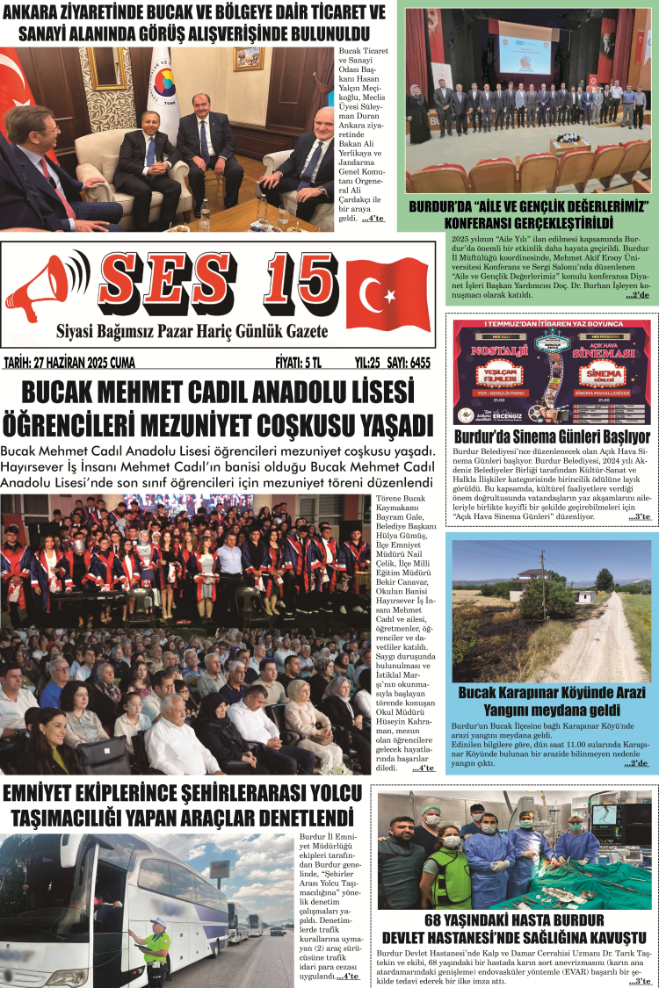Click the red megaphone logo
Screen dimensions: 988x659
[x=48, y=289]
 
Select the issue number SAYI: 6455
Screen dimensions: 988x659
[x=409, y=362]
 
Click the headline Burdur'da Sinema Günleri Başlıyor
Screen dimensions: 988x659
[x=552, y=436]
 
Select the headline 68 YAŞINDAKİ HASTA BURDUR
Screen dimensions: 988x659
[x=515, y=920]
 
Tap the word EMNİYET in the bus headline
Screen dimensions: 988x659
[x=51, y=794]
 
